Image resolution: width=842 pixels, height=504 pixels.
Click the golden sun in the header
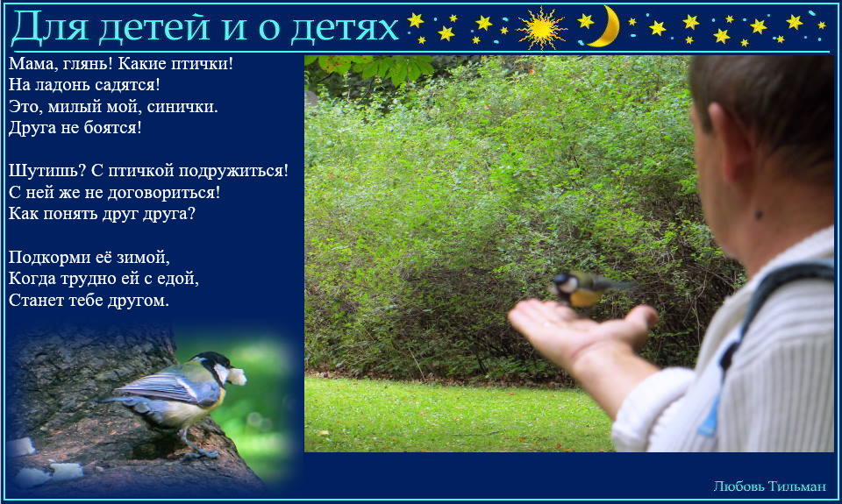click(x=541, y=28)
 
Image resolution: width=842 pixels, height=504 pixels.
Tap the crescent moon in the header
click(x=606, y=27)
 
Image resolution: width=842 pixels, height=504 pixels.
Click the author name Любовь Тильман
click(x=769, y=486)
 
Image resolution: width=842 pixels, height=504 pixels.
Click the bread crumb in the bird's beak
click(x=237, y=376)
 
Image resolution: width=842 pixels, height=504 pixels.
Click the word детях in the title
click(x=344, y=28)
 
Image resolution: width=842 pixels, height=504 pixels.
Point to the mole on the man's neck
click(x=758, y=216)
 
